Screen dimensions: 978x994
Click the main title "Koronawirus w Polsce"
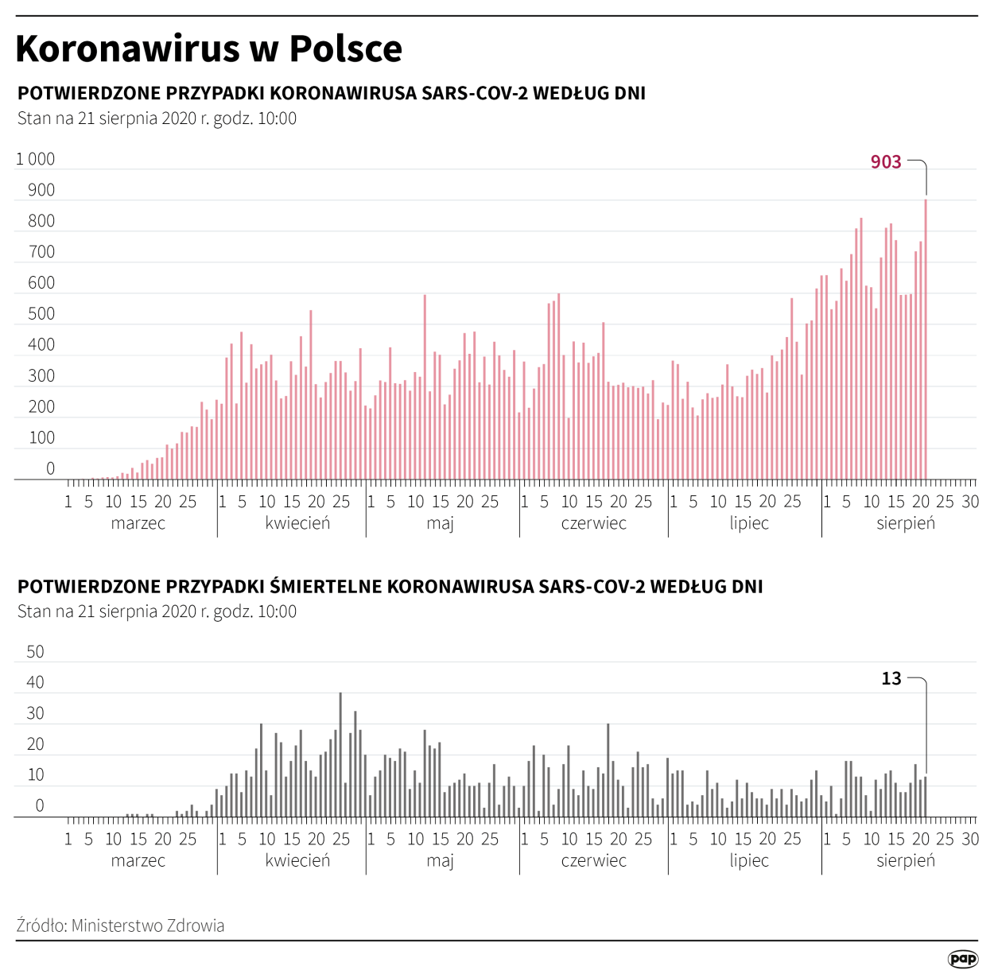point(208,49)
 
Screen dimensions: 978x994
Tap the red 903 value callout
point(885,162)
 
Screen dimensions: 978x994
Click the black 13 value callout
point(891,678)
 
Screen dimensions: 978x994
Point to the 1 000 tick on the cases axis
point(36,159)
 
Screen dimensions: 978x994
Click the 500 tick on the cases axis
point(41,314)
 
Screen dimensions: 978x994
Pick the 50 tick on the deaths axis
point(36,652)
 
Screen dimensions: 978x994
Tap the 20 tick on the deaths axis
point(36,744)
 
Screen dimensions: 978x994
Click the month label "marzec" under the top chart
point(138,523)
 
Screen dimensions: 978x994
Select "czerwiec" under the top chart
point(593,523)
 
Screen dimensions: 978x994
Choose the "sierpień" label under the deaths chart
point(906,860)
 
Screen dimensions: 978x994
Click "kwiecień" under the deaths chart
point(297,860)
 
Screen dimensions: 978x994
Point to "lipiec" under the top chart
point(749,523)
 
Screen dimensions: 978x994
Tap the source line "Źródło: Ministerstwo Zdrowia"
point(120,926)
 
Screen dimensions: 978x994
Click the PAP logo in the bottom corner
point(962,959)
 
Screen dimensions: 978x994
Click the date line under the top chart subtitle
point(157,118)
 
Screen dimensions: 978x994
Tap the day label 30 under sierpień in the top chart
point(970,502)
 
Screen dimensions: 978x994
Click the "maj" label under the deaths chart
point(440,860)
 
